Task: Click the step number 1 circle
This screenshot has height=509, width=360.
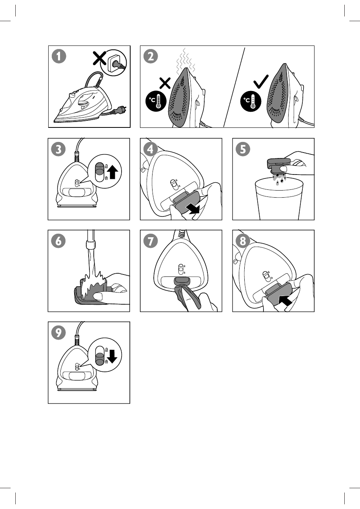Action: (59, 56)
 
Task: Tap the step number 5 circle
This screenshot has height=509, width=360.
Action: (243, 149)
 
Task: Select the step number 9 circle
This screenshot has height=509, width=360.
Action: (59, 333)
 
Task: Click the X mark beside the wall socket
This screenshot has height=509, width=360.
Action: (99, 58)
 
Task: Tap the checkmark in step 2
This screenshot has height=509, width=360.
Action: (261, 82)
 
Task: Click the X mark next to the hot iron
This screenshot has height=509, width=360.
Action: (165, 83)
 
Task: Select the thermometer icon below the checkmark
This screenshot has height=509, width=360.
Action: (251, 101)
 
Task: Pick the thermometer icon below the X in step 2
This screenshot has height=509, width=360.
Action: (156, 101)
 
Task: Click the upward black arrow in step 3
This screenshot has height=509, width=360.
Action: (113, 172)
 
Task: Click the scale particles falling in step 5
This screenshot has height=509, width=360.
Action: (279, 178)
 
